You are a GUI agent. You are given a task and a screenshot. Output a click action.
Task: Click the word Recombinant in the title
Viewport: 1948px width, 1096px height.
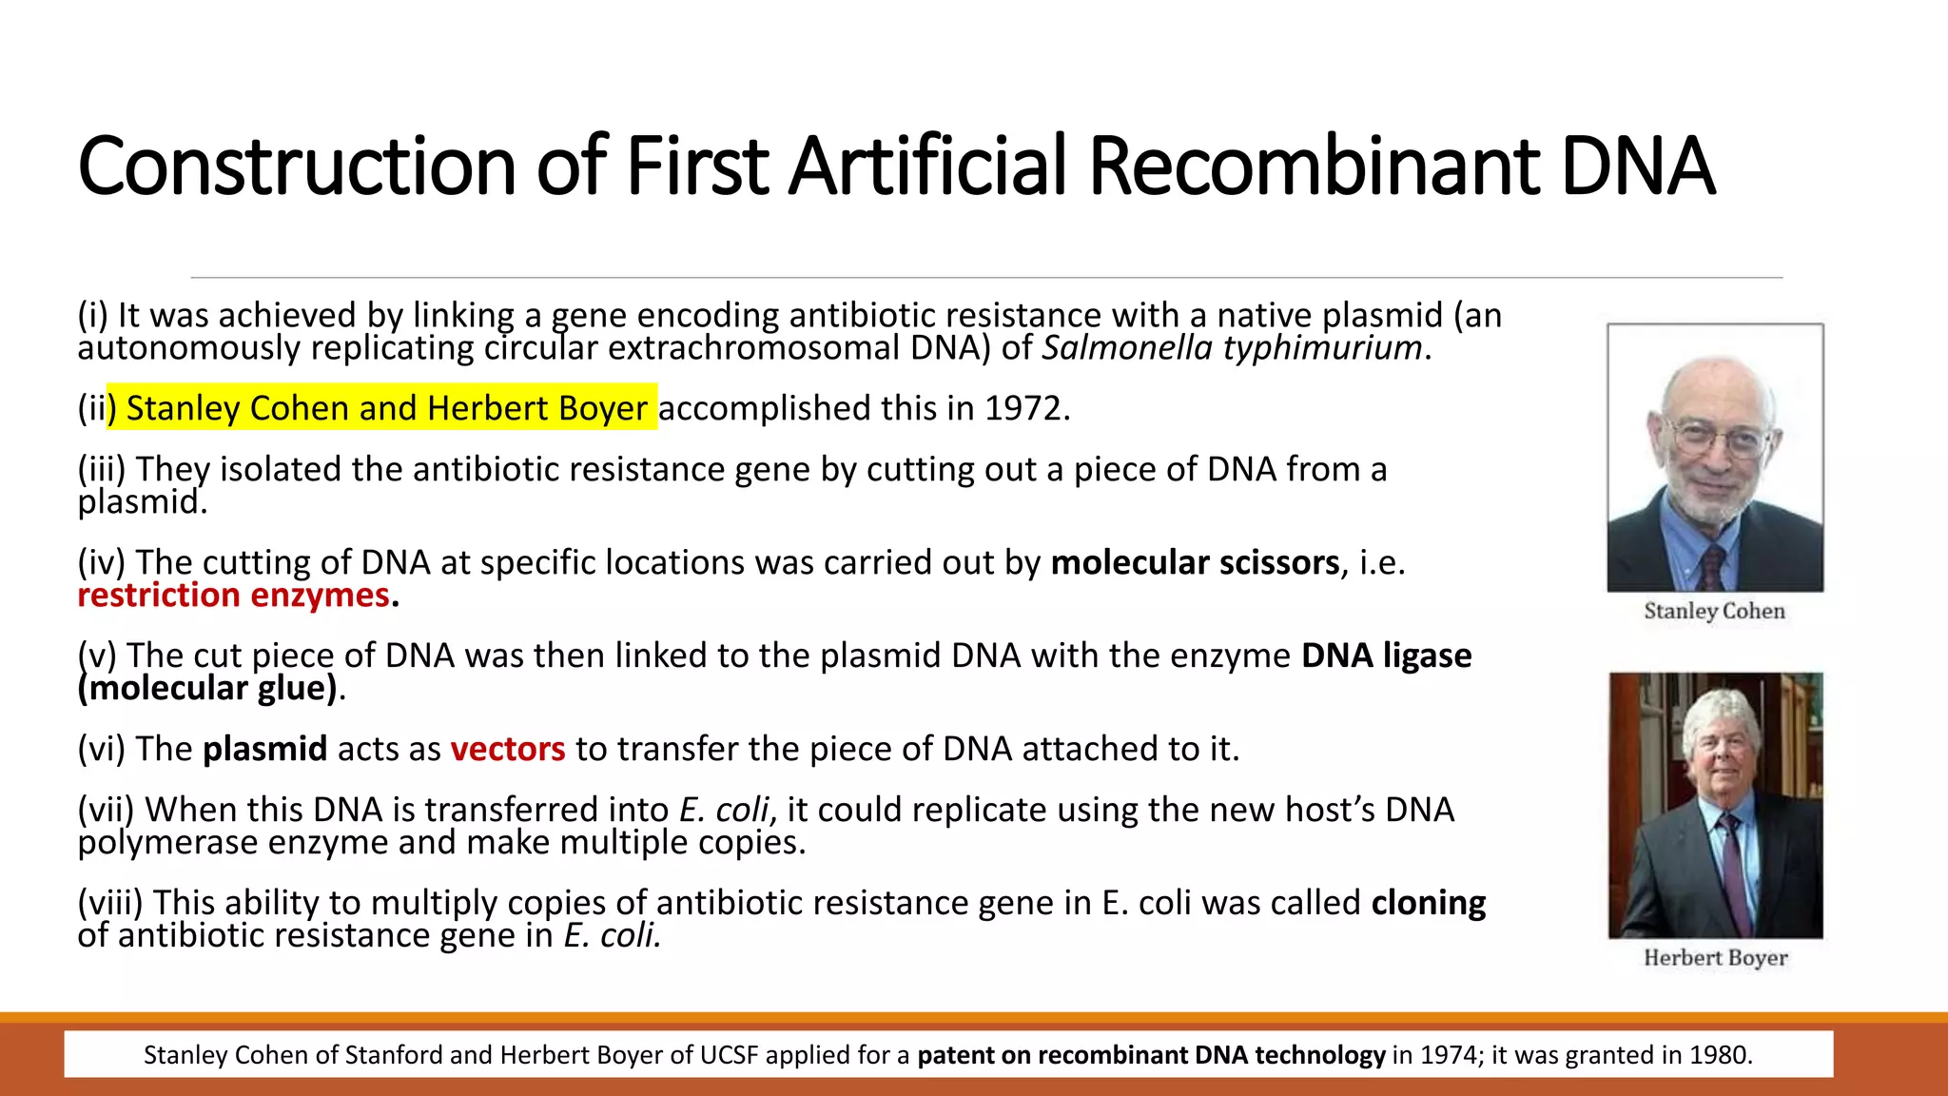(1313, 166)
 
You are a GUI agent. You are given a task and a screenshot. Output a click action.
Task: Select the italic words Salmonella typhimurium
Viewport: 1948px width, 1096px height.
(1232, 348)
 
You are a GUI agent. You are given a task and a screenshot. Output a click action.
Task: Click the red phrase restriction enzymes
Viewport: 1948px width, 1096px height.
(233, 596)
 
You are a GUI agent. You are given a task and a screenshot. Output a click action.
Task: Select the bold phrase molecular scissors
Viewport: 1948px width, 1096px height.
(1195, 563)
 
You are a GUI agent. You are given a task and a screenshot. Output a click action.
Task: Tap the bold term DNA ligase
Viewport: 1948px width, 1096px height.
(1386, 656)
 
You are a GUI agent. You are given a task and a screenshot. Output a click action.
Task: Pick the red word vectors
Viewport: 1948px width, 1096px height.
(508, 750)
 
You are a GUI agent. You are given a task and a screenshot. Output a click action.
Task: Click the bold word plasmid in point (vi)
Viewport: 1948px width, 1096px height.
(265, 750)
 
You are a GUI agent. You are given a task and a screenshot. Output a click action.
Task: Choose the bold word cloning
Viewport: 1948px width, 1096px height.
(1428, 903)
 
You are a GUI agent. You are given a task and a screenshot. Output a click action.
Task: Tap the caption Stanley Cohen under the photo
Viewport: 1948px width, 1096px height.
(1714, 611)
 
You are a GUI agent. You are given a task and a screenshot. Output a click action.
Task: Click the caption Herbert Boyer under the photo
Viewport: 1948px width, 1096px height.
(1715, 958)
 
